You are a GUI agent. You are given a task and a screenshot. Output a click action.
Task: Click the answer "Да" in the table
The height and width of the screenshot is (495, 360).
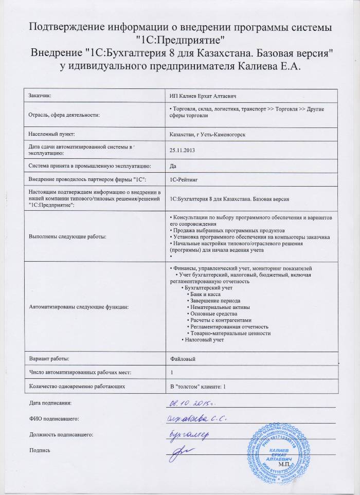[x=172, y=166]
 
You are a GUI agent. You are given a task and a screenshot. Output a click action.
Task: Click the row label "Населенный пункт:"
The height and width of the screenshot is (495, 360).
[x=52, y=134]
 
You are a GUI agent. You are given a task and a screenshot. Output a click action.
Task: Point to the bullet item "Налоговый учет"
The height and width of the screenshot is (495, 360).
[x=203, y=340]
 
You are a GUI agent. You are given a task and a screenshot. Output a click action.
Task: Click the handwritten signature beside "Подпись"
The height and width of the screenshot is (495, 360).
[x=183, y=451]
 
